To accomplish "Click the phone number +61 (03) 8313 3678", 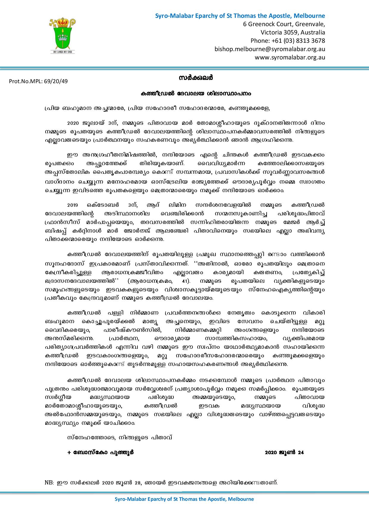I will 287,41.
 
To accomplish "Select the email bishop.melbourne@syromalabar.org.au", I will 270,49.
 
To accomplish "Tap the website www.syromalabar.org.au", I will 290,57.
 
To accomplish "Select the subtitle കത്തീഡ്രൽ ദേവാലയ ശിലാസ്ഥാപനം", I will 196,94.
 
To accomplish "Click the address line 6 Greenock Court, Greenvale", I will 284,24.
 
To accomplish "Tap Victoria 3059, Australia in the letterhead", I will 293,32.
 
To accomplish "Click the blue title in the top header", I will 240,16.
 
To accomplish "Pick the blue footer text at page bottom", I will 184,499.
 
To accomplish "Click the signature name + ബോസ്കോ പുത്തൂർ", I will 100,452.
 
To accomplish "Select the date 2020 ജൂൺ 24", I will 284,452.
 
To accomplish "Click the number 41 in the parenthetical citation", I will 185,281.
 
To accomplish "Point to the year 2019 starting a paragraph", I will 72,205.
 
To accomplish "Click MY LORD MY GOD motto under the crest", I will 62,52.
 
